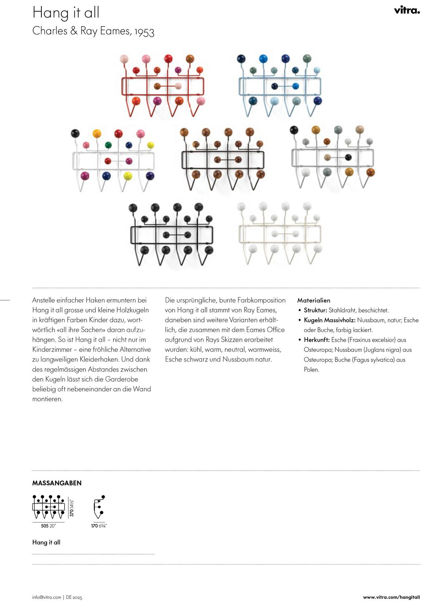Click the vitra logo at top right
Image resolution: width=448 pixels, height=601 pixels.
[x=407, y=10]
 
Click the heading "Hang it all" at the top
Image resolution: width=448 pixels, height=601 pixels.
[x=66, y=13]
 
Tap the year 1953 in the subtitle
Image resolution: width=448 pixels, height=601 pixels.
[x=144, y=32]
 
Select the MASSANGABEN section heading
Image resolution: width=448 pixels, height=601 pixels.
[x=57, y=483]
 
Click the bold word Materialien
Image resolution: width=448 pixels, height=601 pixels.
[x=314, y=300]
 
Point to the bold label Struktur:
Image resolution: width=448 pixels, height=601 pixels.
[x=315, y=310]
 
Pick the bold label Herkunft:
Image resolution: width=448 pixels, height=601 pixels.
[x=317, y=340]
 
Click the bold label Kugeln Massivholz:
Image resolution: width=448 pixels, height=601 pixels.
[x=330, y=320]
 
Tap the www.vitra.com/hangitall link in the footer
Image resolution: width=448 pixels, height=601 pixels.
[x=391, y=597]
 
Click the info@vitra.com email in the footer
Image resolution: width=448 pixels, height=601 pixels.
[x=47, y=597]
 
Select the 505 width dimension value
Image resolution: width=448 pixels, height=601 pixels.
[x=45, y=526]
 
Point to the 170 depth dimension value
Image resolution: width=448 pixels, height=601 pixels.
[x=94, y=526]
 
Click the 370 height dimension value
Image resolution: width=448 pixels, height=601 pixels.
[x=72, y=512]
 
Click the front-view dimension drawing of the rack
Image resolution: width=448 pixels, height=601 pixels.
[x=48, y=507]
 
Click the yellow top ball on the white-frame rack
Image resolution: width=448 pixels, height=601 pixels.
[x=97, y=133]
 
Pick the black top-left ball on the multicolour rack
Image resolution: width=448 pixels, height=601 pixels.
[x=75, y=133]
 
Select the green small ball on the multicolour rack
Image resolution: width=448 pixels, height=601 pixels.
[x=108, y=145]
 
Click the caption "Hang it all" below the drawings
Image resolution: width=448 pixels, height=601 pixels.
[x=46, y=542]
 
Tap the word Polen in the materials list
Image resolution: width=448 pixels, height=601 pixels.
[x=311, y=370]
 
